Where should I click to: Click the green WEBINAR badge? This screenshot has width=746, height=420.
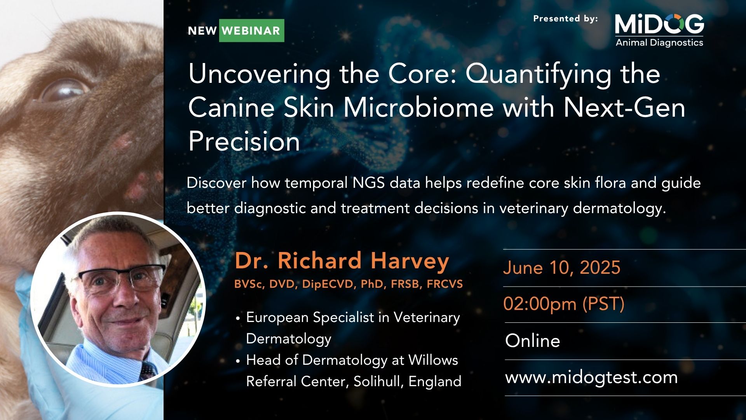pyautogui.click(x=251, y=30)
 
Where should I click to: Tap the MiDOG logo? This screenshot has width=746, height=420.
pyautogui.click(x=659, y=30)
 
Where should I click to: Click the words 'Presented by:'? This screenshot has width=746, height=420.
pyautogui.click(x=565, y=19)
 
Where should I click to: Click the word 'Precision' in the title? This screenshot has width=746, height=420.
pyautogui.click(x=244, y=141)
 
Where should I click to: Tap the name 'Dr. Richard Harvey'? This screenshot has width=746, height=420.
pyautogui.click(x=342, y=261)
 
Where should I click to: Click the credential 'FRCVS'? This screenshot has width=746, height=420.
pyautogui.click(x=445, y=284)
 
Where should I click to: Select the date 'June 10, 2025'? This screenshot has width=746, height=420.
pyautogui.click(x=562, y=268)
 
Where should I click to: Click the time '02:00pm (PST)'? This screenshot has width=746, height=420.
pyautogui.click(x=564, y=304)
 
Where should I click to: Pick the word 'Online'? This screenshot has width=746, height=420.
pyautogui.click(x=533, y=341)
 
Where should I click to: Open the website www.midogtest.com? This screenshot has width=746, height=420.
pyautogui.click(x=591, y=378)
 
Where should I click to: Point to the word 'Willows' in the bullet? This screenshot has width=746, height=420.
pyautogui.click(x=433, y=360)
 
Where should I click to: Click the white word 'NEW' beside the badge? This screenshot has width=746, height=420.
pyautogui.click(x=202, y=31)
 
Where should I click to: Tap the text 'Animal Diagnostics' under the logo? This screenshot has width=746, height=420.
pyautogui.click(x=659, y=42)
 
